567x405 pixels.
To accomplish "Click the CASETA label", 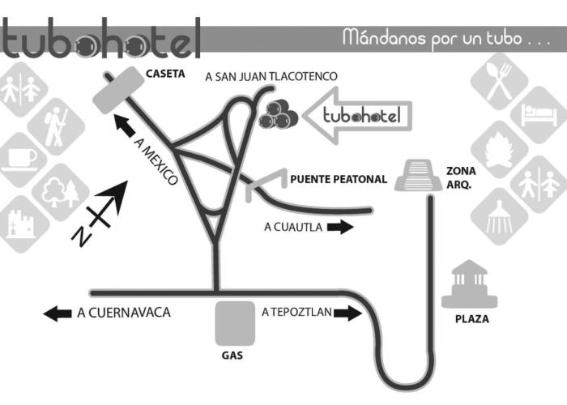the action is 165,74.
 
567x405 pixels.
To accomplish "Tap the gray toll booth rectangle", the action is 118,90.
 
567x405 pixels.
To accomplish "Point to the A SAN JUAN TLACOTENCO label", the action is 271,77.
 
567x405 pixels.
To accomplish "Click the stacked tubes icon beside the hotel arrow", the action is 278,115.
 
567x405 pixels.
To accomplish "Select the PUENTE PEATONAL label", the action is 339,179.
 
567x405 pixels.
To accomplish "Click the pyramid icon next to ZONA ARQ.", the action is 418,175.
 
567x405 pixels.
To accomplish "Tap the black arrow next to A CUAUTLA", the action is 340,227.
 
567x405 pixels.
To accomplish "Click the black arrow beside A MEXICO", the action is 125,126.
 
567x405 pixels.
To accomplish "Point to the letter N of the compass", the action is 81,237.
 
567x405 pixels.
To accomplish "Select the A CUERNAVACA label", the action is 124,313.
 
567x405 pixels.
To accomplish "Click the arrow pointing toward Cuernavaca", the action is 58,313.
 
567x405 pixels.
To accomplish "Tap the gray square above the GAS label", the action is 235,323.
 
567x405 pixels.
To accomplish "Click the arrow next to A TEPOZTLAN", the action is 347,313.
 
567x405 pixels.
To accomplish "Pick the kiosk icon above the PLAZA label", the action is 469,283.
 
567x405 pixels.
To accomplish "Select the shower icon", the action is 499,216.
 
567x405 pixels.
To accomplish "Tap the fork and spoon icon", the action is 500,81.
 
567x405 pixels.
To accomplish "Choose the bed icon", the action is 539,115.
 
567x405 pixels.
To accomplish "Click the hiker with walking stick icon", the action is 57,126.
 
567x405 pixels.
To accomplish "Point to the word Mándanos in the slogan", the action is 384,38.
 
